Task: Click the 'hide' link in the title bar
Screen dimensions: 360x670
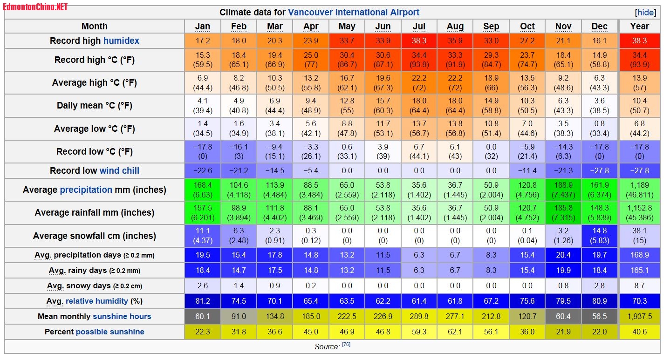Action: click(x=645, y=13)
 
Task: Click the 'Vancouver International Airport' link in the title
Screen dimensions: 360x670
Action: click(x=354, y=13)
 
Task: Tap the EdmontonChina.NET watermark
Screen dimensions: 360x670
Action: click(x=35, y=7)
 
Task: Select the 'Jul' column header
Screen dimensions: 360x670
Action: click(x=419, y=27)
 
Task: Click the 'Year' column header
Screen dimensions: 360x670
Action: click(x=639, y=27)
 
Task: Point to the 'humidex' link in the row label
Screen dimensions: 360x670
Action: click(x=121, y=41)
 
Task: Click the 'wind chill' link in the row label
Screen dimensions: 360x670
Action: click(x=119, y=170)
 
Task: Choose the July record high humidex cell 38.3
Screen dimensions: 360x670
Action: click(x=419, y=41)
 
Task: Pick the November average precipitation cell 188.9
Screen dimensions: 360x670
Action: click(x=563, y=190)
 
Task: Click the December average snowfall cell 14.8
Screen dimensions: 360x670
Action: click(x=600, y=236)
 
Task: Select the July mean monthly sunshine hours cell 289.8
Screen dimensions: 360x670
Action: click(x=419, y=317)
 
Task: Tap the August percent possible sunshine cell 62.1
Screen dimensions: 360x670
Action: click(x=455, y=332)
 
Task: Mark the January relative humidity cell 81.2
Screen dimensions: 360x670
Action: click(x=203, y=301)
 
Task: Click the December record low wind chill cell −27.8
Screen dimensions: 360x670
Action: click(x=600, y=170)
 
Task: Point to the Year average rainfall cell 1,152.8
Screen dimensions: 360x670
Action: click(x=639, y=213)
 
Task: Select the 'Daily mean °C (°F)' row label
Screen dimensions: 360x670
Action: click(x=95, y=106)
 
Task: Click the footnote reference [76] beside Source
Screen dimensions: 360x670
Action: click(x=346, y=345)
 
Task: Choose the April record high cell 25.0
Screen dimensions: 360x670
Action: click(x=311, y=60)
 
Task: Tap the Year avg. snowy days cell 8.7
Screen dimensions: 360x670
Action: click(x=639, y=286)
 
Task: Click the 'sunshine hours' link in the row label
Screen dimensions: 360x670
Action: click(x=122, y=317)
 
